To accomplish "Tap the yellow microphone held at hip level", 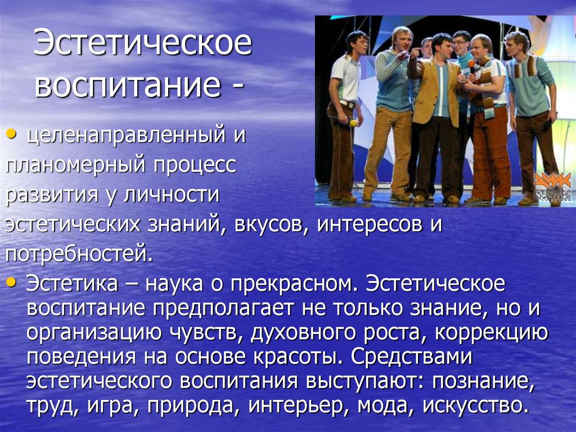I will click(x=353, y=122).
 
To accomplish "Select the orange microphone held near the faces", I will click(x=471, y=64).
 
